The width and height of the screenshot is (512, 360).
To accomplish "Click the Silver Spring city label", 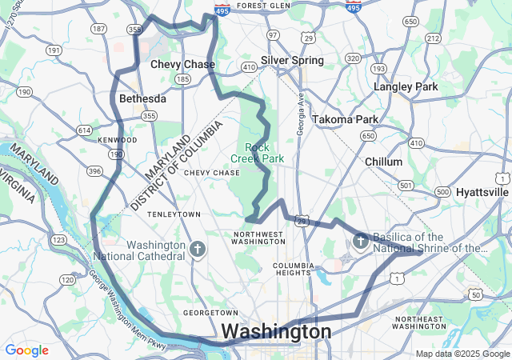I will click(x=292, y=60).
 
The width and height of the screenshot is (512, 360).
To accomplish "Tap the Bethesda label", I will click(x=142, y=98).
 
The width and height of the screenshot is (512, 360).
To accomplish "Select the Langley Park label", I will click(x=406, y=86).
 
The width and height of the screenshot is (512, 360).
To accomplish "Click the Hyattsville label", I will click(x=482, y=192).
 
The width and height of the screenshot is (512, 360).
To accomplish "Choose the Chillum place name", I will click(x=383, y=162).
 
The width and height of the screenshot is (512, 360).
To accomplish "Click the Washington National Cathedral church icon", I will click(x=198, y=249).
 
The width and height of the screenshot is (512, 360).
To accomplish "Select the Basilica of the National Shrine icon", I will click(x=361, y=240).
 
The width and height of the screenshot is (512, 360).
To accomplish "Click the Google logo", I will click(x=26, y=350).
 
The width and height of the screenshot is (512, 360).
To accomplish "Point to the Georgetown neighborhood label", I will click(x=210, y=312).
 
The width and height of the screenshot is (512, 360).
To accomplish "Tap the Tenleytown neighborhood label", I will click(x=173, y=214).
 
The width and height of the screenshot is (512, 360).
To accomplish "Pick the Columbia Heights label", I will click(x=291, y=269).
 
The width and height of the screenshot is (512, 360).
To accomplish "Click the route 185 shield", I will click(x=183, y=79).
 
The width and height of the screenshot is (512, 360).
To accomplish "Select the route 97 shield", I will click(x=273, y=35).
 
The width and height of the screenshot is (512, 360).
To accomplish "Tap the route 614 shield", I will click(x=84, y=130).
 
